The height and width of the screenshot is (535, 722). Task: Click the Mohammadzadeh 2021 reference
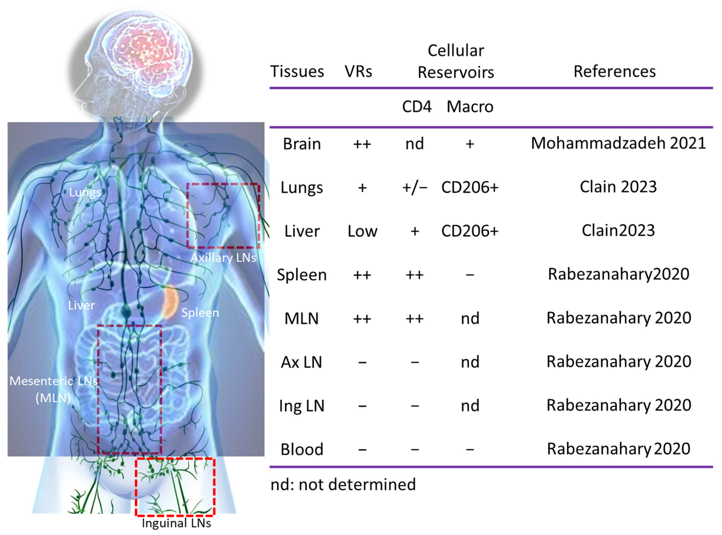pyautogui.click(x=618, y=143)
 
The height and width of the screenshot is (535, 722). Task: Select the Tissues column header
pyautogui.click(x=297, y=72)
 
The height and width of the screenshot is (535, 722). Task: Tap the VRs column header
pyautogui.click(x=358, y=72)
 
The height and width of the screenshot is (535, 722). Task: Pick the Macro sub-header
pyautogui.click(x=470, y=106)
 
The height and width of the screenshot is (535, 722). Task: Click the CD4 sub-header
pyautogui.click(x=417, y=106)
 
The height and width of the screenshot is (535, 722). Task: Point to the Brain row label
pyautogui.click(x=302, y=144)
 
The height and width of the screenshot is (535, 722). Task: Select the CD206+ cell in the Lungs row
pyautogui.click(x=470, y=187)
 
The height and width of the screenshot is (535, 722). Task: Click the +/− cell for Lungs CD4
pyautogui.click(x=415, y=187)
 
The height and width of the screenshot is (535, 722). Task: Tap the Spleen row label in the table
pyautogui.click(x=302, y=275)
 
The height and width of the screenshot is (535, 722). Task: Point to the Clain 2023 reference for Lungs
pyautogui.click(x=618, y=187)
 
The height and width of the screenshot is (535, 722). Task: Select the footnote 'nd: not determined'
pyautogui.click(x=343, y=485)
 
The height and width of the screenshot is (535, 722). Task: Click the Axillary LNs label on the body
pyautogui.click(x=223, y=258)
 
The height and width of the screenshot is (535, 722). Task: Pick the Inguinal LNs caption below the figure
pyautogui.click(x=176, y=523)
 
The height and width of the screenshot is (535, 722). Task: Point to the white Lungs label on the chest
pyautogui.click(x=85, y=192)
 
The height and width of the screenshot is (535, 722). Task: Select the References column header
pyautogui.click(x=614, y=72)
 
